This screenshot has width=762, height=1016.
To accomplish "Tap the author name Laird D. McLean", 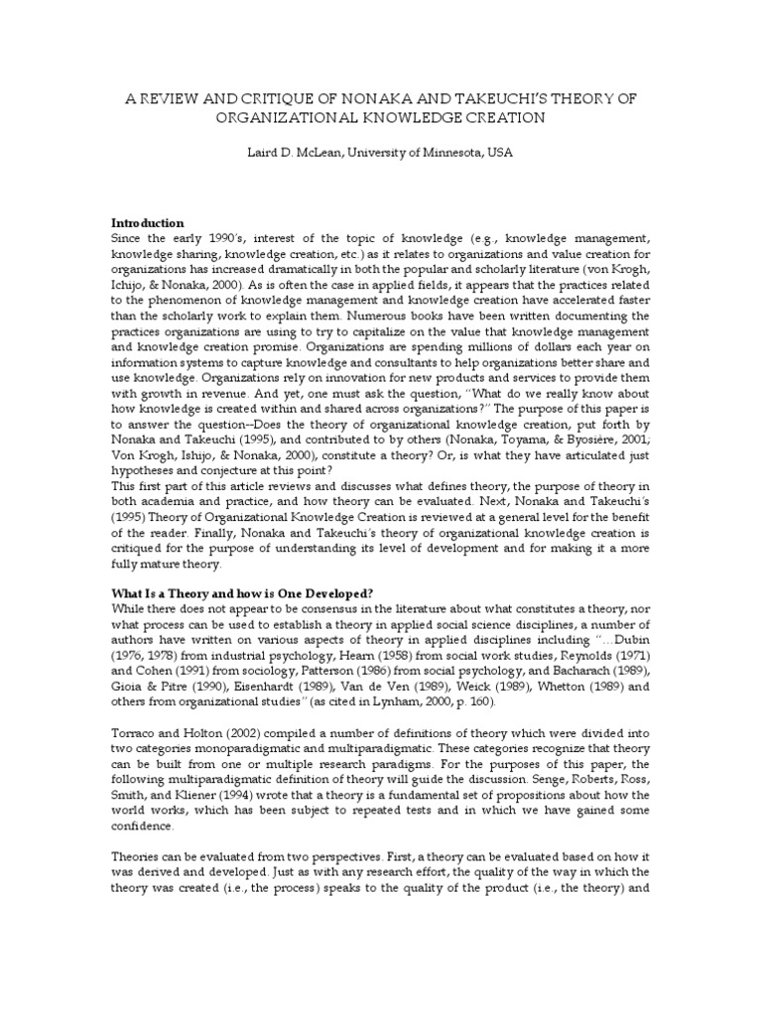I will [x=289, y=154].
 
